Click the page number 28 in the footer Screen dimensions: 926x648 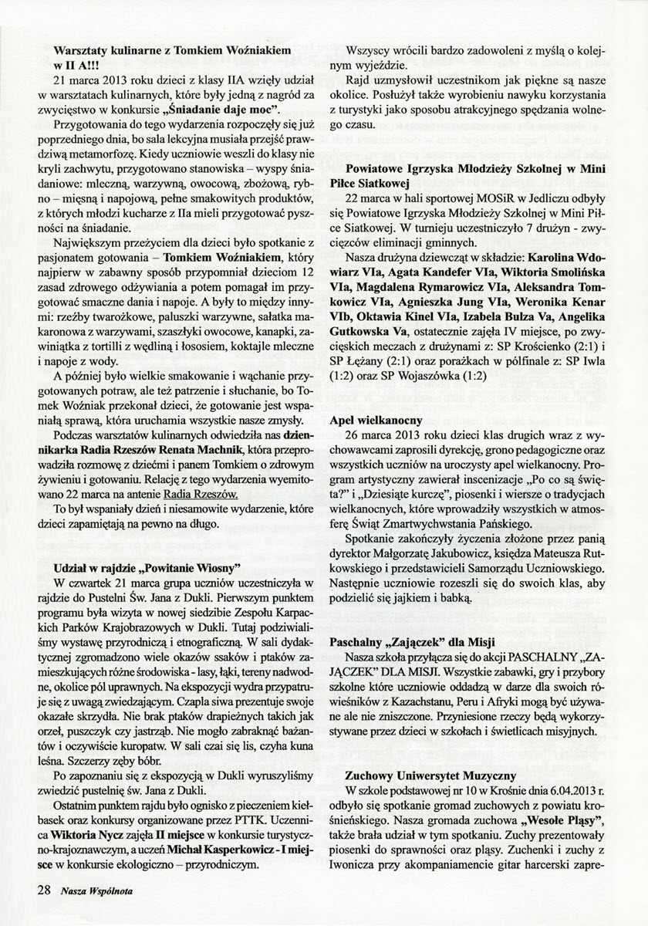43,890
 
